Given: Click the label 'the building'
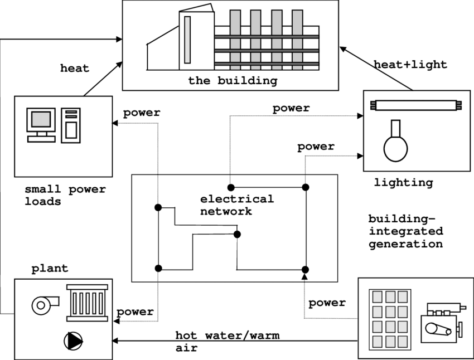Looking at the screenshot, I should point(232,81).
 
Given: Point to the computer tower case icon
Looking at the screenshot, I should point(71,124).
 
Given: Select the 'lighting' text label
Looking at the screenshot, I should point(403,182).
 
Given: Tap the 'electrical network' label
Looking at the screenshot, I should point(237,205).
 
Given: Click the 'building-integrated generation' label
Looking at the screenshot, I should point(405,231).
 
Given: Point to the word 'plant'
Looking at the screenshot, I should point(50,269).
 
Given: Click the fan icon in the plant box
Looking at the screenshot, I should point(42,304).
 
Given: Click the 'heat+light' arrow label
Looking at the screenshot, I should point(410,65).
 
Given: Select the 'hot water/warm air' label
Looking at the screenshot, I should point(227,342).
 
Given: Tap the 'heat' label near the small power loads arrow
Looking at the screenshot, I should point(74,69).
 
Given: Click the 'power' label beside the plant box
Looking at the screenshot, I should point(135,312).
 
